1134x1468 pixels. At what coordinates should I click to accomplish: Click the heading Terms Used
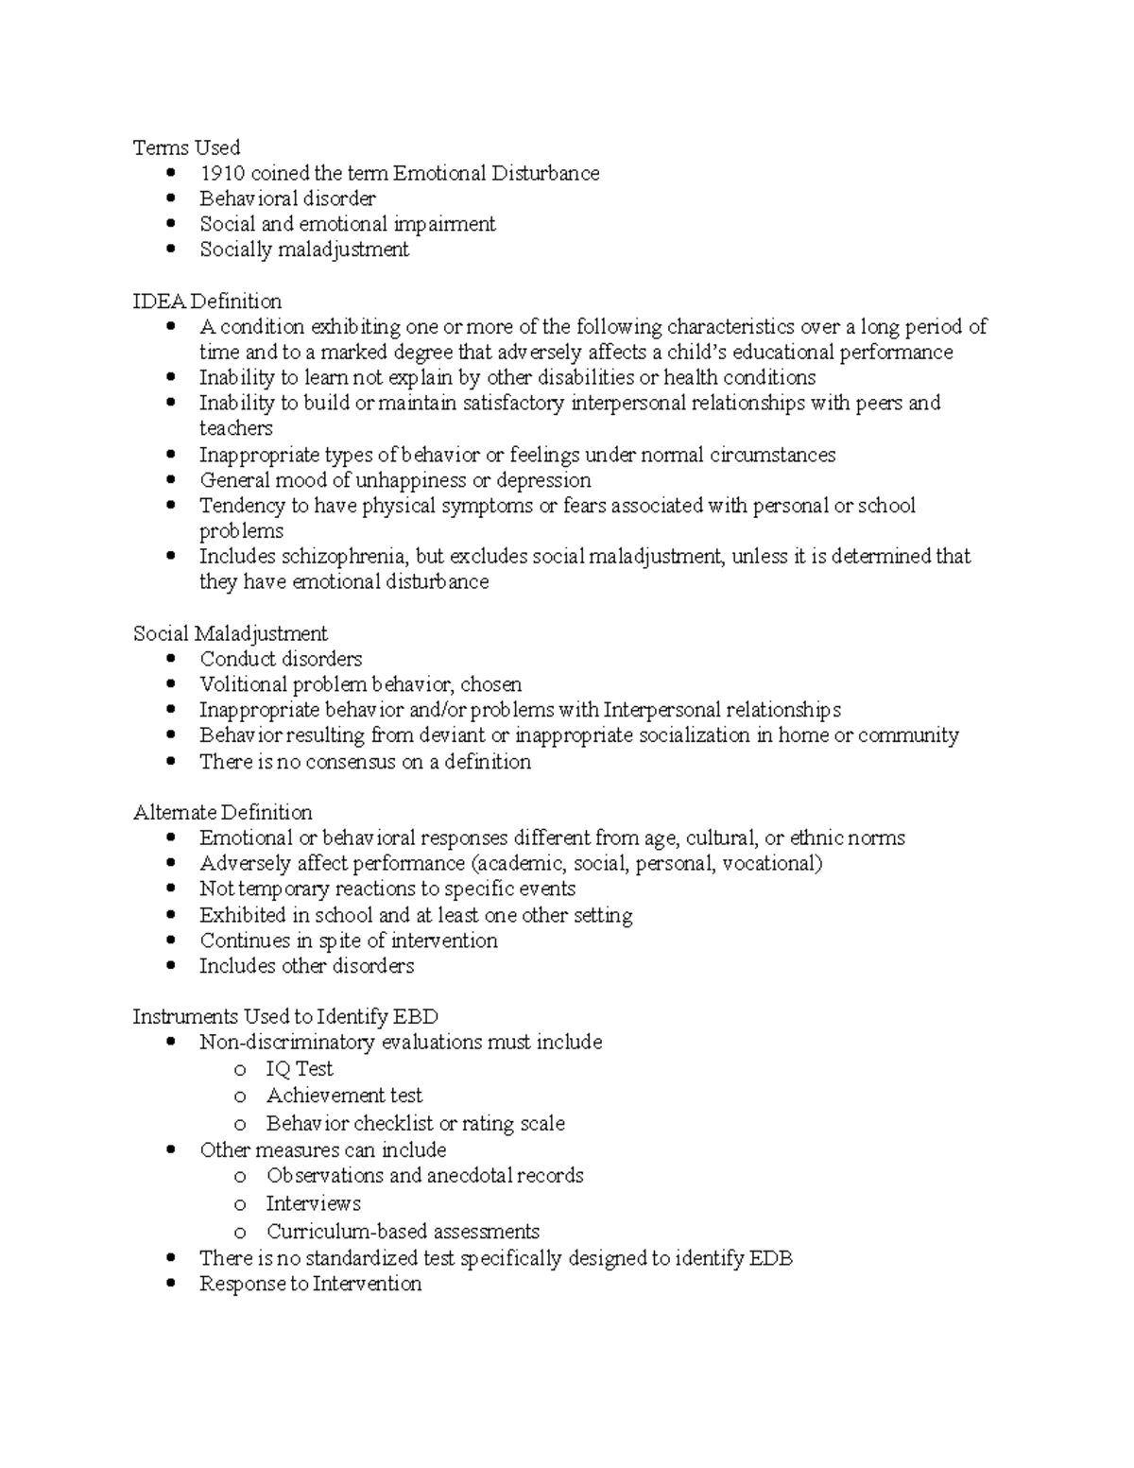186,147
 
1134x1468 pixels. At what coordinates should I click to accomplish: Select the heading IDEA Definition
207,302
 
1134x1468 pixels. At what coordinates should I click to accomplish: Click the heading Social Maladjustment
230,633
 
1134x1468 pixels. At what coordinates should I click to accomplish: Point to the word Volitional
243,684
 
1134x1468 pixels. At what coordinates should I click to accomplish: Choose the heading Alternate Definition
222,813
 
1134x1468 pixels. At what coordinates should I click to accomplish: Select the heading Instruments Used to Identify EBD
284,1017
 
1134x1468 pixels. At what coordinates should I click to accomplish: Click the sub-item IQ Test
300,1069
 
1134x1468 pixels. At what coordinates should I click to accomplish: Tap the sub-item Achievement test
344,1096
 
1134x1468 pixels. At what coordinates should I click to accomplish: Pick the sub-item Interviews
313,1203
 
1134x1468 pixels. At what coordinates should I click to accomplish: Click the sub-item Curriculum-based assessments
403,1232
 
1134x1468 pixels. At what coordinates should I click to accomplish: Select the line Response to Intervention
310,1284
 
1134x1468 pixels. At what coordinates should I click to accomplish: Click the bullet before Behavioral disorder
170,199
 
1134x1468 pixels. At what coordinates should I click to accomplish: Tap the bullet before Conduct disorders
170,659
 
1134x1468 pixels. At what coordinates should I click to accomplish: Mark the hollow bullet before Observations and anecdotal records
240,1177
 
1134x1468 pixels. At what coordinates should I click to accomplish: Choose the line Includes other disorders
306,966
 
